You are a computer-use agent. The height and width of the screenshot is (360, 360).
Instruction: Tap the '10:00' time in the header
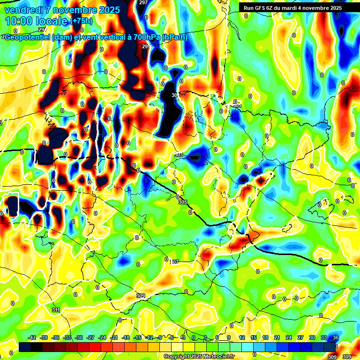pos(19,22)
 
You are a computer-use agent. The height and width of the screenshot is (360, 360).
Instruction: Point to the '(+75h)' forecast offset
pos(81,21)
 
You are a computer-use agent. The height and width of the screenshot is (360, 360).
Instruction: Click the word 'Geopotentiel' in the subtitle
pos(28,37)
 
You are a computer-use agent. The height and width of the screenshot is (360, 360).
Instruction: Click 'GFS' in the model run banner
pos(262,8)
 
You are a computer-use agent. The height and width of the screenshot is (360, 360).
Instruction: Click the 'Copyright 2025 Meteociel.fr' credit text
pos(199,357)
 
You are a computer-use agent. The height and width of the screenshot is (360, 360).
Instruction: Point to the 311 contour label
pos(56,310)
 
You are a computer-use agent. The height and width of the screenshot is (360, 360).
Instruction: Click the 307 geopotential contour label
pos(174,262)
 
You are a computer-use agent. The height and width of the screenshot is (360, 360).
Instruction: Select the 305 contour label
pos(183,202)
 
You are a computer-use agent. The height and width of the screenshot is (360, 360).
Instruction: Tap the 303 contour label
pos(178,155)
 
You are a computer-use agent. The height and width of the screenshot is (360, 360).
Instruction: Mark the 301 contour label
pos(237,105)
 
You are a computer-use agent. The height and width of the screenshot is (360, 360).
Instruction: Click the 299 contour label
pos(146,46)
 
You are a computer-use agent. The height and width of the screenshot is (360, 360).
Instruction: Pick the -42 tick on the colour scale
pos(32,337)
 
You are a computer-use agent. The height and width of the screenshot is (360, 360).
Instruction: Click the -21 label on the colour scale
pos(114,337)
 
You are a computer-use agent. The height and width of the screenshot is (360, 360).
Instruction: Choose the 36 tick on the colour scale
pos(336,337)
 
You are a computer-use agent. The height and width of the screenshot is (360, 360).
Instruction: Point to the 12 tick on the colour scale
pos(242,337)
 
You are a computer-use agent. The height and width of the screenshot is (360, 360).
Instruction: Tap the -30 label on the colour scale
pos(79,337)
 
